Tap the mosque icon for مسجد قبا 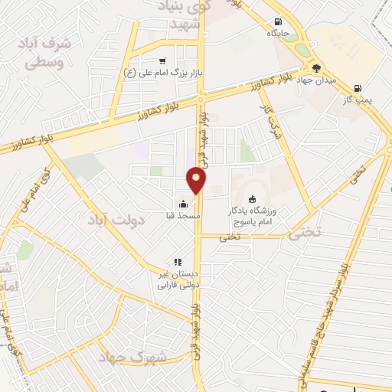(x=183, y=204)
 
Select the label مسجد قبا (x=183, y=216)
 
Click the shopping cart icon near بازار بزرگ (x=162, y=61)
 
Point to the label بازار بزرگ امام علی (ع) (x=162, y=73)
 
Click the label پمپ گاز (x=357, y=100)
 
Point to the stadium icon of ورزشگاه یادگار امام (x=253, y=198)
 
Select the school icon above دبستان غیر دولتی (x=178, y=262)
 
